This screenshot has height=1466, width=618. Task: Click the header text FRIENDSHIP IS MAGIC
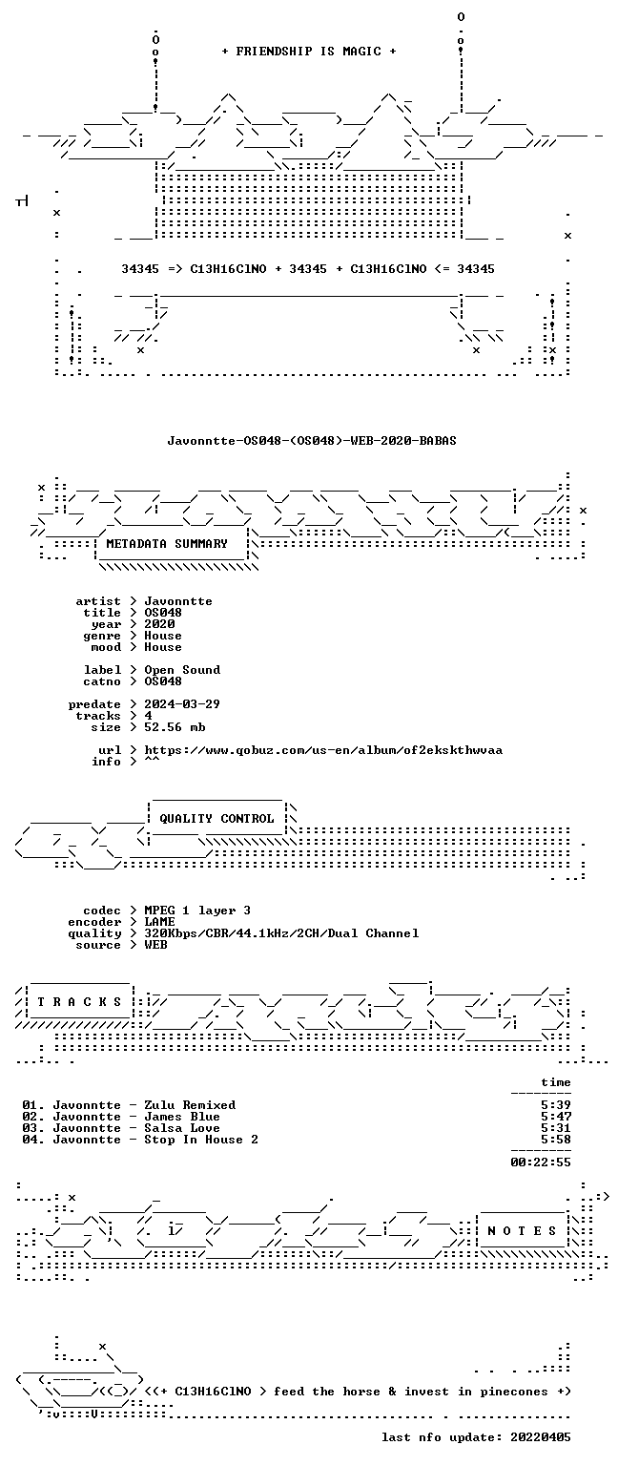pos(309,51)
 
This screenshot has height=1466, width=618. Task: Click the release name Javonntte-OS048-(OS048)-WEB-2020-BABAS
pos(312,440)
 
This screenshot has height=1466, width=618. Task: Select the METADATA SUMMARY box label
pos(167,544)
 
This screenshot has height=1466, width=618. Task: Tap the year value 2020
pos(159,624)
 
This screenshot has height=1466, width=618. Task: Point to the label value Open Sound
pos(182,670)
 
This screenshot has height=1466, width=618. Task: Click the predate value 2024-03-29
pos(182,704)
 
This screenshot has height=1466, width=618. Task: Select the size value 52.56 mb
pos(175,727)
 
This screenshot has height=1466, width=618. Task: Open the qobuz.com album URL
pos(323,751)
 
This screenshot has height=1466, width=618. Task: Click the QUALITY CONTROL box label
pos(217,819)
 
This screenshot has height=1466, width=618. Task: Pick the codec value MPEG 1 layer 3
pos(197,911)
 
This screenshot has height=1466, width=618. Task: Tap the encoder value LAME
pos(159,922)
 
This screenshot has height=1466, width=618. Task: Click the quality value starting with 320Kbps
pos(282,934)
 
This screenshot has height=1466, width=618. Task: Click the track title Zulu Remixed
pos(190,1105)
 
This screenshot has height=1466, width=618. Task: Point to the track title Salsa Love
pos(182,1128)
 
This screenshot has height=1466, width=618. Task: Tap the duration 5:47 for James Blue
pos(556,1118)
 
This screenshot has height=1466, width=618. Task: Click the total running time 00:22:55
pos(541,1163)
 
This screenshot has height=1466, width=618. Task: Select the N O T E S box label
pos(522,1231)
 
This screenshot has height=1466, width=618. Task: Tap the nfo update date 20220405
pos(541,1438)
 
